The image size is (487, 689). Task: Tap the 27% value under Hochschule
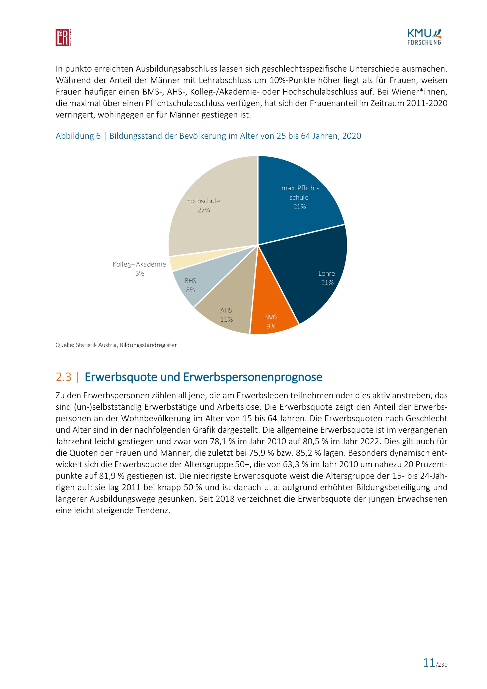click(204, 210)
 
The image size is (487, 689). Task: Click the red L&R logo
click(63, 38)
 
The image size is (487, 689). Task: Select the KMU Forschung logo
click(424, 37)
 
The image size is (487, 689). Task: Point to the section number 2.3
click(64, 377)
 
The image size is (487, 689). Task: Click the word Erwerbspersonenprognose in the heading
click(253, 377)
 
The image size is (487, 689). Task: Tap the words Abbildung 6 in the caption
click(78, 136)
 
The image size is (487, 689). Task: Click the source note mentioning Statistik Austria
click(116, 345)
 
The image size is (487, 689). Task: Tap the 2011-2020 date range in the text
click(427, 103)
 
